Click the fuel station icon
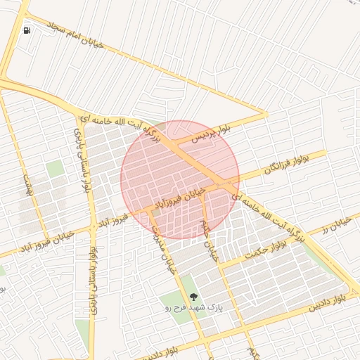27,30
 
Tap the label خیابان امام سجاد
75,34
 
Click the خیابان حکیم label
209,239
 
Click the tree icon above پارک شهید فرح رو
194,296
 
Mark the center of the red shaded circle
180,179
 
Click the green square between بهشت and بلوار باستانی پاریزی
55,169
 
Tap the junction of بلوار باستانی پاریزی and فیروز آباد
92,227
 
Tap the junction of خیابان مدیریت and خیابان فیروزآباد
150,209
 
